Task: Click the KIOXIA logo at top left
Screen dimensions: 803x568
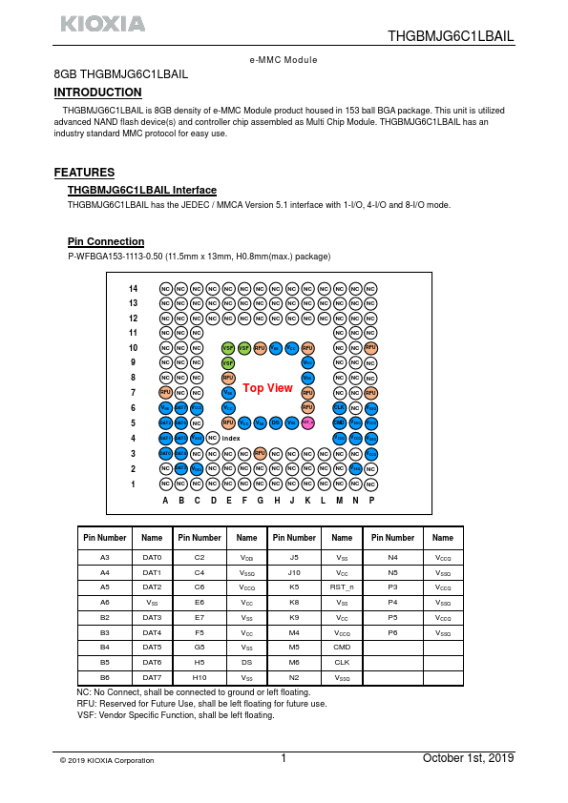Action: (x=103, y=24)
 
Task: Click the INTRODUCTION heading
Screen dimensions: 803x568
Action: (x=98, y=93)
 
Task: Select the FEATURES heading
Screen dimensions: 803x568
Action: (x=85, y=173)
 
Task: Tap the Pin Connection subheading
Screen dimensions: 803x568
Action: (x=106, y=241)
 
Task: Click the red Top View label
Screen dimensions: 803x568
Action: (x=267, y=388)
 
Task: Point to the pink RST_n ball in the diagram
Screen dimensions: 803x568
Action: (x=308, y=422)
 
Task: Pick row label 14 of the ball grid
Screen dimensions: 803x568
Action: (x=134, y=288)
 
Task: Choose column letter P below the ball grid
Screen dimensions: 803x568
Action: (x=370, y=500)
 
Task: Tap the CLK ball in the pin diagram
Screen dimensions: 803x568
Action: (x=339, y=407)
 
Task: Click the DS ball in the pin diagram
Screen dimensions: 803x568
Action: (x=276, y=422)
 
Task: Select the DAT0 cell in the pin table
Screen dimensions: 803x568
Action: (x=152, y=557)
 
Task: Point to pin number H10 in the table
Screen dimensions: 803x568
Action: (x=199, y=677)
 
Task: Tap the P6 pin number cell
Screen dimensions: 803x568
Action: (x=392, y=632)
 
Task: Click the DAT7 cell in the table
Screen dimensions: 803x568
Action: (x=152, y=677)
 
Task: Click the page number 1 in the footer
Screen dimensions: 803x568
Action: (x=284, y=759)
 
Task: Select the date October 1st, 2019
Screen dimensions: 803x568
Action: (x=468, y=758)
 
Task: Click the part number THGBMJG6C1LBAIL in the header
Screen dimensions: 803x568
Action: (x=451, y=36)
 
